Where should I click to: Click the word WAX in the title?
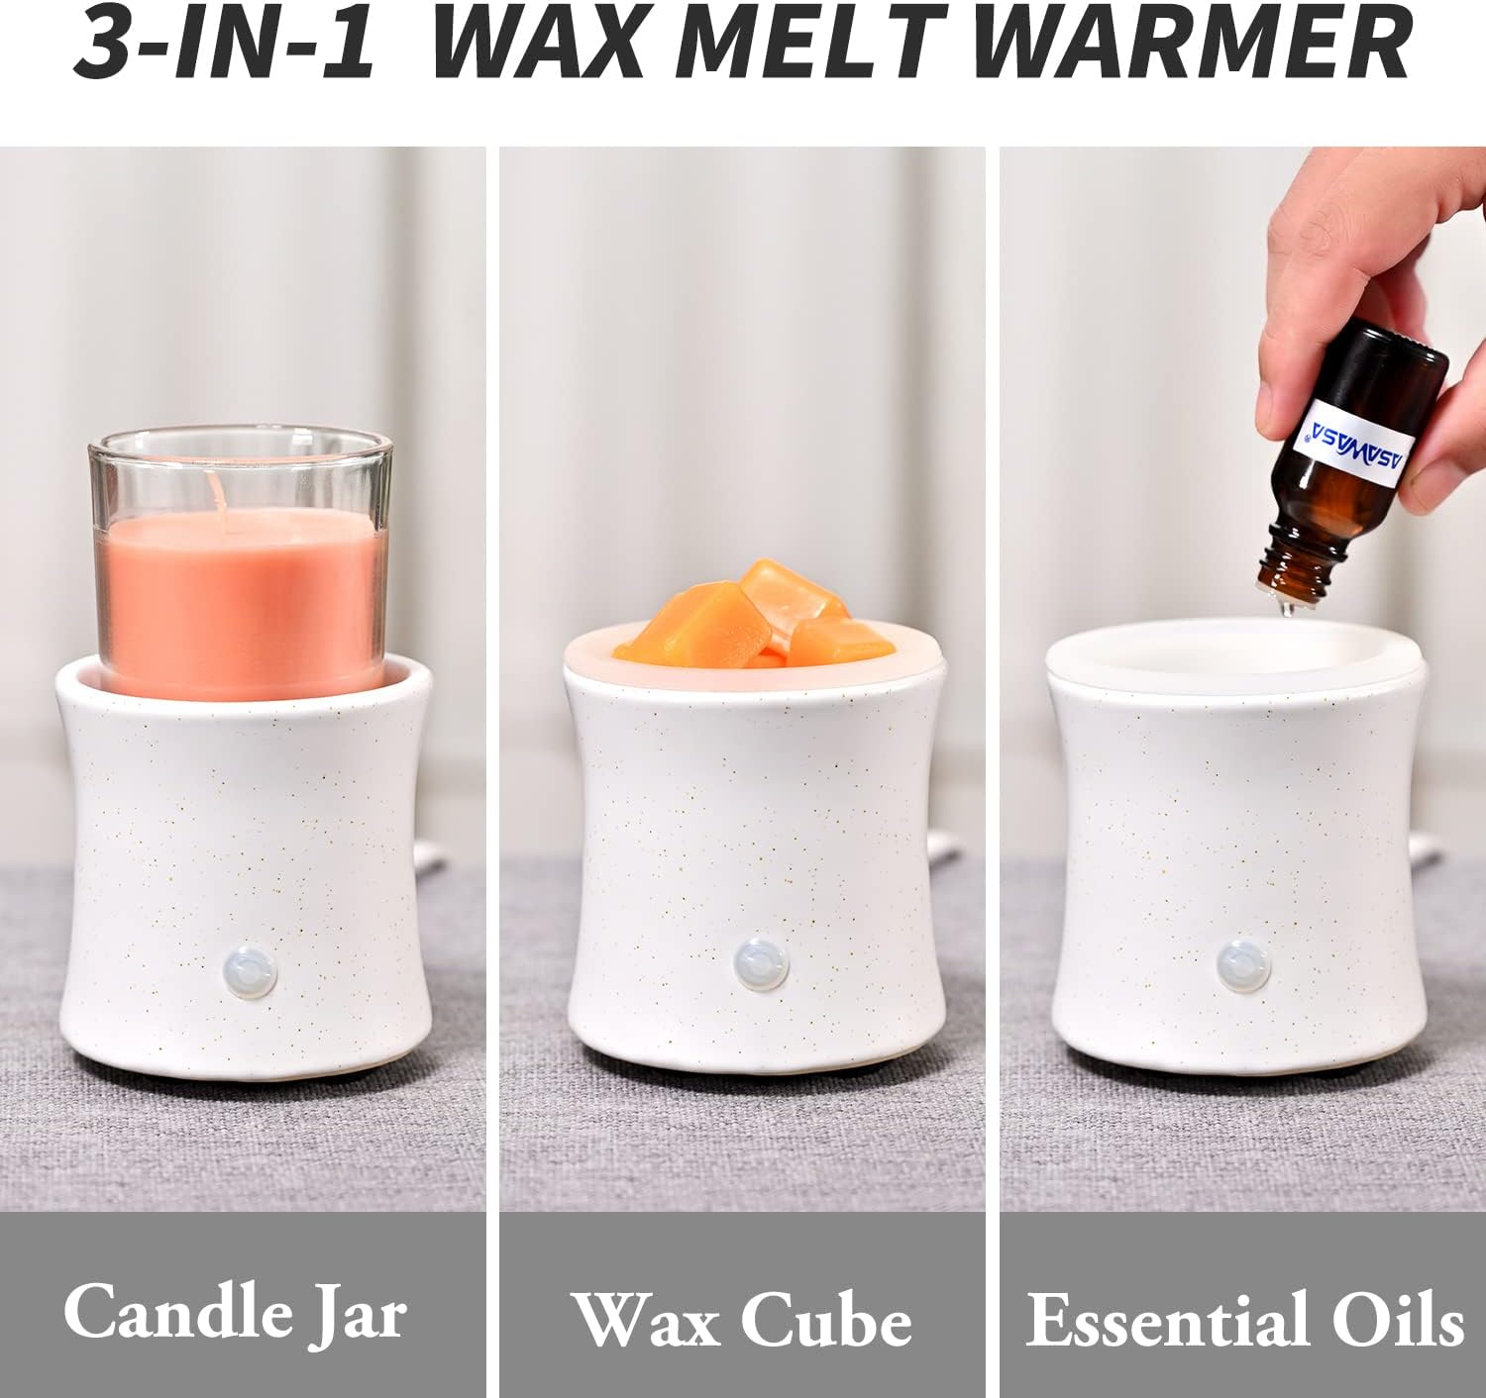539,45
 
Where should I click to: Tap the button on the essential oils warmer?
1243,966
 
